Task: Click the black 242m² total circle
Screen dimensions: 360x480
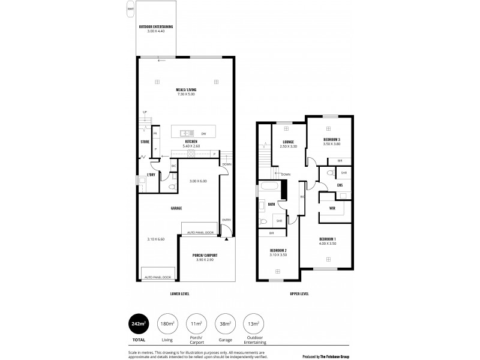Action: [139, 324]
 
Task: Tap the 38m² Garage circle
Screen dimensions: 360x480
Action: [225, 324]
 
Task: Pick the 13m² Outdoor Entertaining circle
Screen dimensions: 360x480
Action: [253, 324]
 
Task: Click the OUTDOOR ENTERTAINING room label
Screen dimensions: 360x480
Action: [156, 26]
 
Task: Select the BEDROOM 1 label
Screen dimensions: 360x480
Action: [328, 239]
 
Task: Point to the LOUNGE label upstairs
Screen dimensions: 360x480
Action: [287, 142]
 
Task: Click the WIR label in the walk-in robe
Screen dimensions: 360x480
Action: [332, 208]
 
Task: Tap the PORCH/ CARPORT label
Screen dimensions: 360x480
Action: [205, 256]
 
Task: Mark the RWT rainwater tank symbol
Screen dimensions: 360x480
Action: [130, 8]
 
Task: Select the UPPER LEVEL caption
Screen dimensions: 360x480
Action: [299, 294]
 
